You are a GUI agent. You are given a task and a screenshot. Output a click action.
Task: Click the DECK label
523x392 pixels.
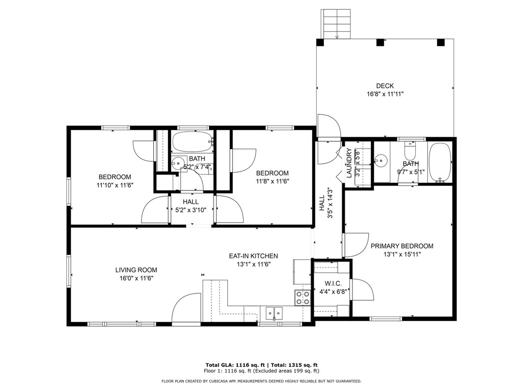pyautogui.click(x=385, y=86)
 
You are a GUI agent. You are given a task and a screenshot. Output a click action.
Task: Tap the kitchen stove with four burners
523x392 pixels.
pyautogui.click(x=302, y=298)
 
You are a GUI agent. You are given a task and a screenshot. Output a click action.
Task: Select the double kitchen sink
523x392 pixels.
pyautogui.click(x=274, y=313)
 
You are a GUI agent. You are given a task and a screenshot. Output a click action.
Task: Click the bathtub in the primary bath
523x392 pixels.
pyautogui.click(x=440, y=162)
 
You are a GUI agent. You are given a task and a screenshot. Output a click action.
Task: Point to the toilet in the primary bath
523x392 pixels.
pyautogui.click(x=410, y=151)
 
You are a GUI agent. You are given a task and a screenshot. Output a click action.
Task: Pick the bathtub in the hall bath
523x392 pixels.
pyautogui.click(x=193, y=142)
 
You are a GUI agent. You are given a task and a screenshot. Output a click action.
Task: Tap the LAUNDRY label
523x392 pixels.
pyautogui.click(x=349, y=163)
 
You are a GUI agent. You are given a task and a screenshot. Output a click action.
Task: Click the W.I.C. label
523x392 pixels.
pyautogui.click(x=333, y=284)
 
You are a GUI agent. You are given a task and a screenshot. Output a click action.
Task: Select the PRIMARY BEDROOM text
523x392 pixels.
pyautogui.click(x=402, y=246)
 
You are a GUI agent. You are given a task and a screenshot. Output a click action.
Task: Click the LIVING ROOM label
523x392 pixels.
pyautogui.click(x=136, y=270)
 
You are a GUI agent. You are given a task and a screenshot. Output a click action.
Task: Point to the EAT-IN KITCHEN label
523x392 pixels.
pyautogui.click(x=253, y=256)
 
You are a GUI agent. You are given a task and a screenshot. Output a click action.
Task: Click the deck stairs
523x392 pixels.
pyautogui.click(x=336, y=24)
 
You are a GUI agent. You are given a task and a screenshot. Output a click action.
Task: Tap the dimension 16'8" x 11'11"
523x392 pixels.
pyautogui.click(x=385, y=94)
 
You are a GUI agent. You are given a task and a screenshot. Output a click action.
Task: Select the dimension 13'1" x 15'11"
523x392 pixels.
pyautogui.click(x=402, y=254)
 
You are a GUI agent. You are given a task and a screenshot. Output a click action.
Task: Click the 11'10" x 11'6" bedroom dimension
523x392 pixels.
pyautogui.click(x=115, y=185)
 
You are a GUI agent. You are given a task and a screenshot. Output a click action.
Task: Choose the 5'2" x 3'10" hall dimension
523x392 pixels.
pyautogui.click(x=191, y=210)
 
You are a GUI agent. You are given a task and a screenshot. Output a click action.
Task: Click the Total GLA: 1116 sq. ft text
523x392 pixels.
pyautogui.click(x=237, y=365)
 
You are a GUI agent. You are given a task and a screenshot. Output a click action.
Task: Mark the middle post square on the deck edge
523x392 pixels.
pyautogui.click(x=380, y=42)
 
